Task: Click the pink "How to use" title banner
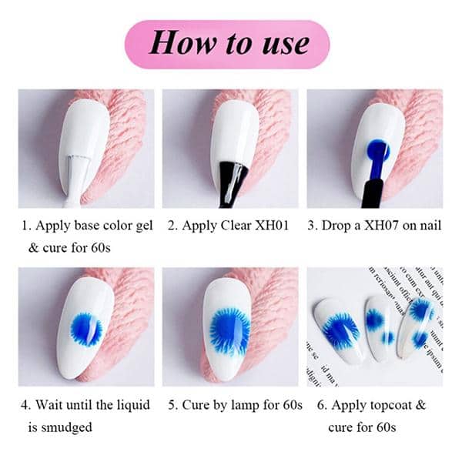point(230,44)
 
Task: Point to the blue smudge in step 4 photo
point(85,329)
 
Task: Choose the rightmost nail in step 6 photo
point(417,323)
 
